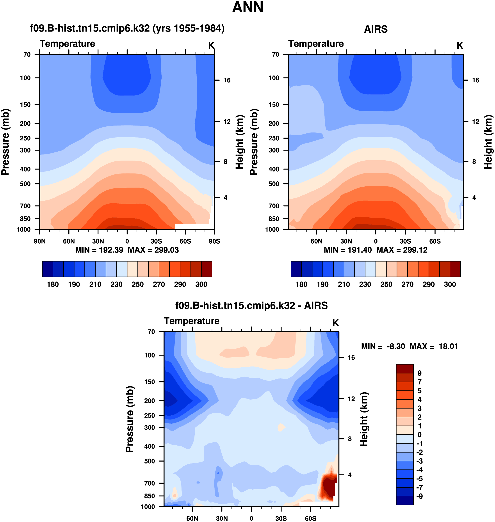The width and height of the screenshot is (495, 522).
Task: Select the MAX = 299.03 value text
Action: [x=153, y=250]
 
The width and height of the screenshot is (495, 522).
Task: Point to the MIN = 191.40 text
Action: [x=347, y=250]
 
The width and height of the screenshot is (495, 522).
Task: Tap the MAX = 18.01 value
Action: [x=434, y=346]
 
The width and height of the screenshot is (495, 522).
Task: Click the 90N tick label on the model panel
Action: [x=40, y=241]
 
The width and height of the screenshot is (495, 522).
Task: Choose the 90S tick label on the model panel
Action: [x=214, y=241]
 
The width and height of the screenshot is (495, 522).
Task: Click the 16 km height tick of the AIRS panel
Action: [x=475, y=80]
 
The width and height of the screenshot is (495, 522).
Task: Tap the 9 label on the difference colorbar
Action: [x=419, y=373]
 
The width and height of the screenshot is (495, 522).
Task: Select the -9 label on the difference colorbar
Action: [x=419, y=496]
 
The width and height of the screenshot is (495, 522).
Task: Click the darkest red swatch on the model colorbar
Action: [x=207, y=269]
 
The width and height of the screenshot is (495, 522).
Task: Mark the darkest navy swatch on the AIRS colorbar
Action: [x=296, y=269]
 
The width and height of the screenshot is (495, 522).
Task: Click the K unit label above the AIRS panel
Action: [x=460, y=46]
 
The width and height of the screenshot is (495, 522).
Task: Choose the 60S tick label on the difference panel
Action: [x=311, y=518]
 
